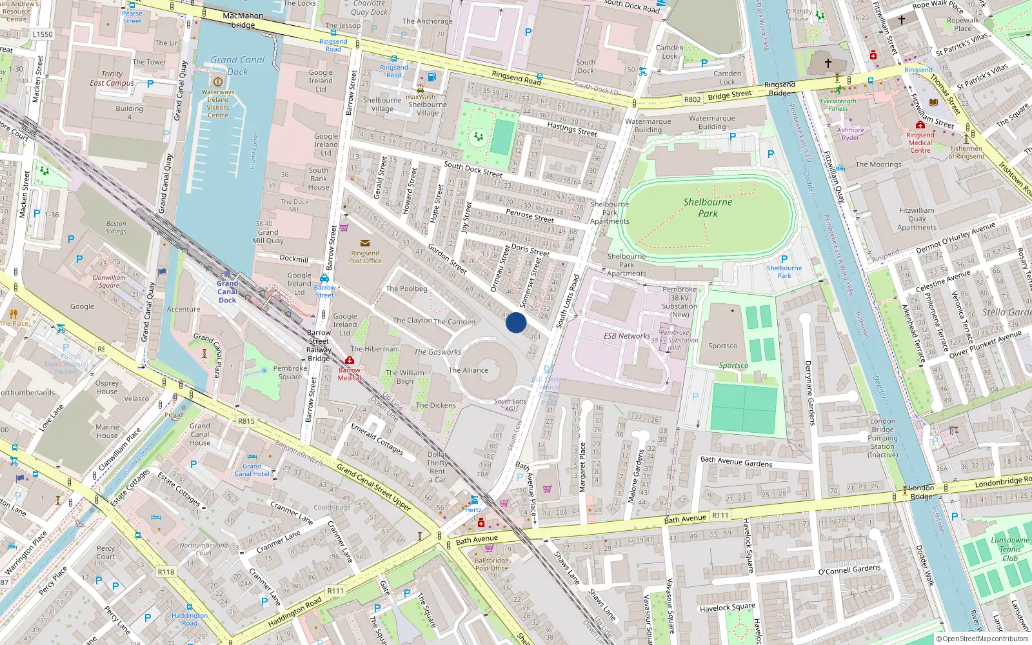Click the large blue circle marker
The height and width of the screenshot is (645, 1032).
516,322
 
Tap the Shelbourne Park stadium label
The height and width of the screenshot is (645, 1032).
708,208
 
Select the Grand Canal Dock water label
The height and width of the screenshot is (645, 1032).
237,65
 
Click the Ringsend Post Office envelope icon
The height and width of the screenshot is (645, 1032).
365,243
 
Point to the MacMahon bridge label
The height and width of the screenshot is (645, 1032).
243,20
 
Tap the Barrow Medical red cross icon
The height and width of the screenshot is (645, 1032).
350,360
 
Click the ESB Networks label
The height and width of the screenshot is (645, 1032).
626,336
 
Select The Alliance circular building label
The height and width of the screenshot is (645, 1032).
468,370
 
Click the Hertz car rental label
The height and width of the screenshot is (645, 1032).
473,510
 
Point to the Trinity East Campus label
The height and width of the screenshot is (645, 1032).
112,79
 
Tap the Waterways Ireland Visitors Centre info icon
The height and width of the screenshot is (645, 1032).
217,82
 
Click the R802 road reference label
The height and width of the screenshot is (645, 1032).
692,100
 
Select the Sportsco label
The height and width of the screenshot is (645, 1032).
722,346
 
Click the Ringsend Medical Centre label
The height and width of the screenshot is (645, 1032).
920,143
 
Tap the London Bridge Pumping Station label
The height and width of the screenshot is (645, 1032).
882,438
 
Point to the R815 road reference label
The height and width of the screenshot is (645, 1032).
246,421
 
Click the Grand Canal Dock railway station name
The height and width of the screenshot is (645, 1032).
227,292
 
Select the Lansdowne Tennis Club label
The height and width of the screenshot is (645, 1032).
1010,549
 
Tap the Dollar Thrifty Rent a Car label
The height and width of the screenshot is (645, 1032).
437,467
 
